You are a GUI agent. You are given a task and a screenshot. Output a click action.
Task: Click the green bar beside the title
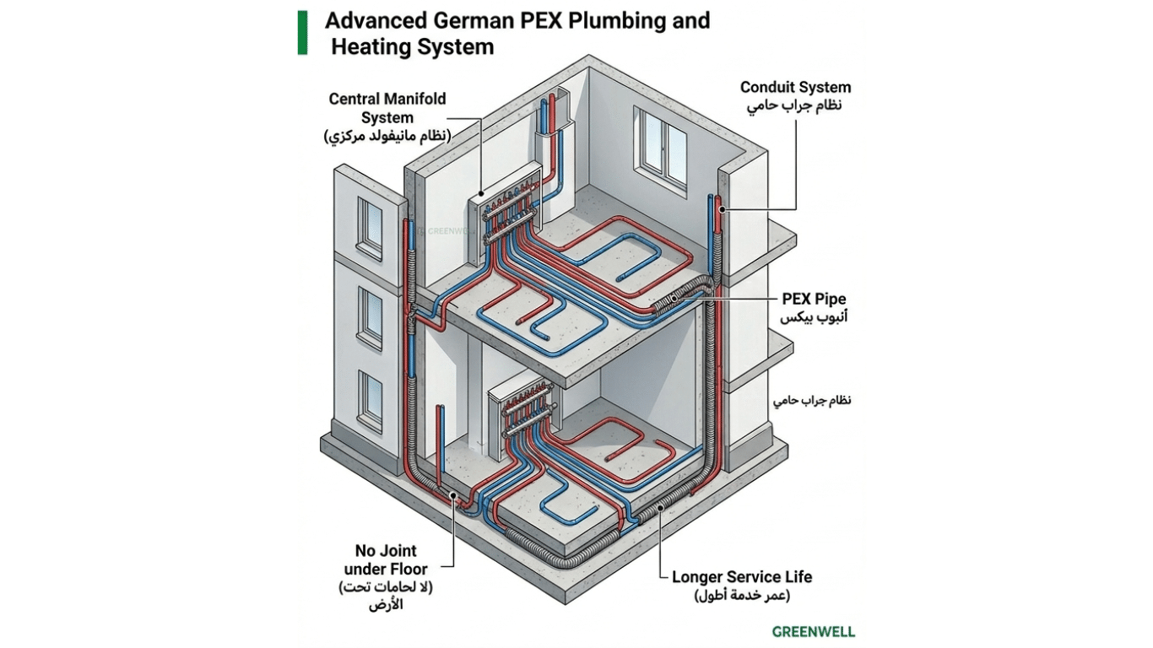point(302,32)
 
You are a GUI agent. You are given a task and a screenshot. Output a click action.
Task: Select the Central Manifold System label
point(387,108)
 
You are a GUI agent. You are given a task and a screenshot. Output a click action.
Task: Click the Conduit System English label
point(795,87)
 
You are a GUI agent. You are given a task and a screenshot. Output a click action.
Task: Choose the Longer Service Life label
point(742,577)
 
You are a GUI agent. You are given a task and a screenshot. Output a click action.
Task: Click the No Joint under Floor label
point(386,560)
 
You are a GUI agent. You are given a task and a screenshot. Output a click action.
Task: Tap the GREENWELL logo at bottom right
point(813,631)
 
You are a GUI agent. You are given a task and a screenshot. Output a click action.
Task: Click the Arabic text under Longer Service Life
point(742,597)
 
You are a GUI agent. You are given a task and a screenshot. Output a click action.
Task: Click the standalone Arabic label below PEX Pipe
point(810,400)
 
